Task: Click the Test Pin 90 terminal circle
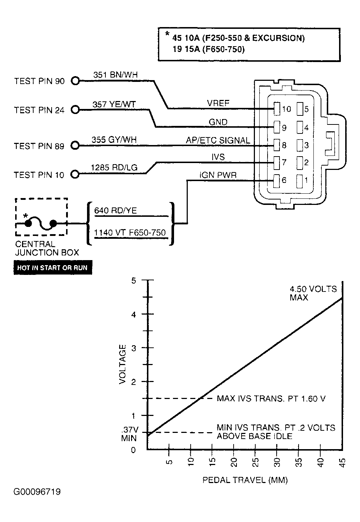pyautogui.click(x=75, y=81)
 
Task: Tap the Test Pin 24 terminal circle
pyautogui.click(x=75, y=110)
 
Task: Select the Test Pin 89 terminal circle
pyautogui.click(x=75, y=146)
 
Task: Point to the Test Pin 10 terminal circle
pyautogui.click(x=75, y=174)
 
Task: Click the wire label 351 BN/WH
pyautogui.click(x=116, y=75)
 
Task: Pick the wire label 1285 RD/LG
pyautogui.click(x=114, y=167)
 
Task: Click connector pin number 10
pyautogui.click(x=286, y=109)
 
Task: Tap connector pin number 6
pyautogui.click(x=284, y=180)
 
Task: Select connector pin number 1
pyautogui.click(x=306, y=180)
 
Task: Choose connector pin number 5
pyautogui.click(x=306, y=109)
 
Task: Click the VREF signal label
pyautogui.click(x=218, y=103)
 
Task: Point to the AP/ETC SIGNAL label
pyautogui.click(x=218, y=140)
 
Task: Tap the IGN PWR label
pyautogui.click(x=218, y=175)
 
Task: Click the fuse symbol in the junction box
pyautogui.click(x=41, y=224)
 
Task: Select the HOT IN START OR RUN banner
pyautogui.click(x=53, y=268)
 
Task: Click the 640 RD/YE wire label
pyautogui.click(x=116, y=210)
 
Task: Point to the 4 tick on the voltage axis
pyautogui.click(x=148, y=314)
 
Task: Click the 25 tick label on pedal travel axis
pyautogui.click(x=256, y=462)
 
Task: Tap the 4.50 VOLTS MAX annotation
pyautogui.click(x=313, y=293)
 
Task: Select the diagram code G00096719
pyautogui.click(x=37, y=492)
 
